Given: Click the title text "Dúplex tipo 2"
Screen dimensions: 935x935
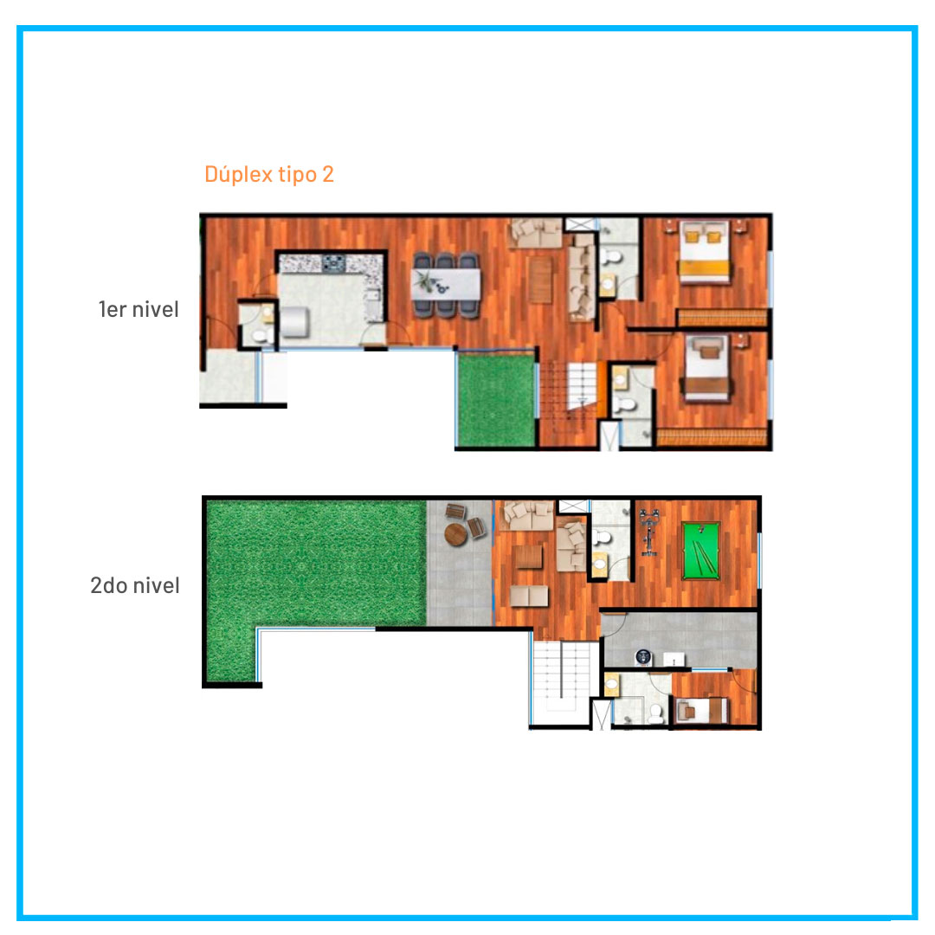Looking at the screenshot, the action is click(x=269, y=174).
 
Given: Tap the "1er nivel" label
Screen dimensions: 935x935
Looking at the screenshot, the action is click(x=139, y=309).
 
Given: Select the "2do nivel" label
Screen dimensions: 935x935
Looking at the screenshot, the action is click(x=135, y=585).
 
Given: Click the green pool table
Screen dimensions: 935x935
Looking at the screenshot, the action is click(x=700, y=551).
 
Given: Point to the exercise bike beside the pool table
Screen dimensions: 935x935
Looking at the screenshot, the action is click(x=648, y=532).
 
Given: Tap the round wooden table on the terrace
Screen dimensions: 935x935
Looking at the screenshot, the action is click(x=456, y=534).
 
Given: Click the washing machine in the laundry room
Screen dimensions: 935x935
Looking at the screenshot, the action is click(x=642, y=657).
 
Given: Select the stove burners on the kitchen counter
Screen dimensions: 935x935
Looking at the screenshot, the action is click(x=333, y=263).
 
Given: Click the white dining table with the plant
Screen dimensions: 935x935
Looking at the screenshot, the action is click(x=446, y=285).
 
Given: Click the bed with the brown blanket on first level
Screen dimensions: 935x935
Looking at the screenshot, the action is click(x=706, y=368).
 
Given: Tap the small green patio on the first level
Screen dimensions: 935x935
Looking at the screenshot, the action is click(x=496, y=399).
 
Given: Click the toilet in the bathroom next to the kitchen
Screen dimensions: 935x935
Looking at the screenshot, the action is click(x=260, y=336).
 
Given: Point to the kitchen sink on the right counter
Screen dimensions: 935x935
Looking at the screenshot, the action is click(x=374, y=296).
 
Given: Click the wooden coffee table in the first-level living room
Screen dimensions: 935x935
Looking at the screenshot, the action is click(x=540, y=279).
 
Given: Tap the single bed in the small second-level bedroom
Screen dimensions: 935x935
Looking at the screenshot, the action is click(x=701, y=711).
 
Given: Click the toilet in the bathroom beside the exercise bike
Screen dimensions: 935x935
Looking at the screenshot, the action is click(x=601, y=538).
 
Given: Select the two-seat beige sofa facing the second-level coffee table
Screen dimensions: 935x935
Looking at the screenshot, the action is click(x=529, y=596).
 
